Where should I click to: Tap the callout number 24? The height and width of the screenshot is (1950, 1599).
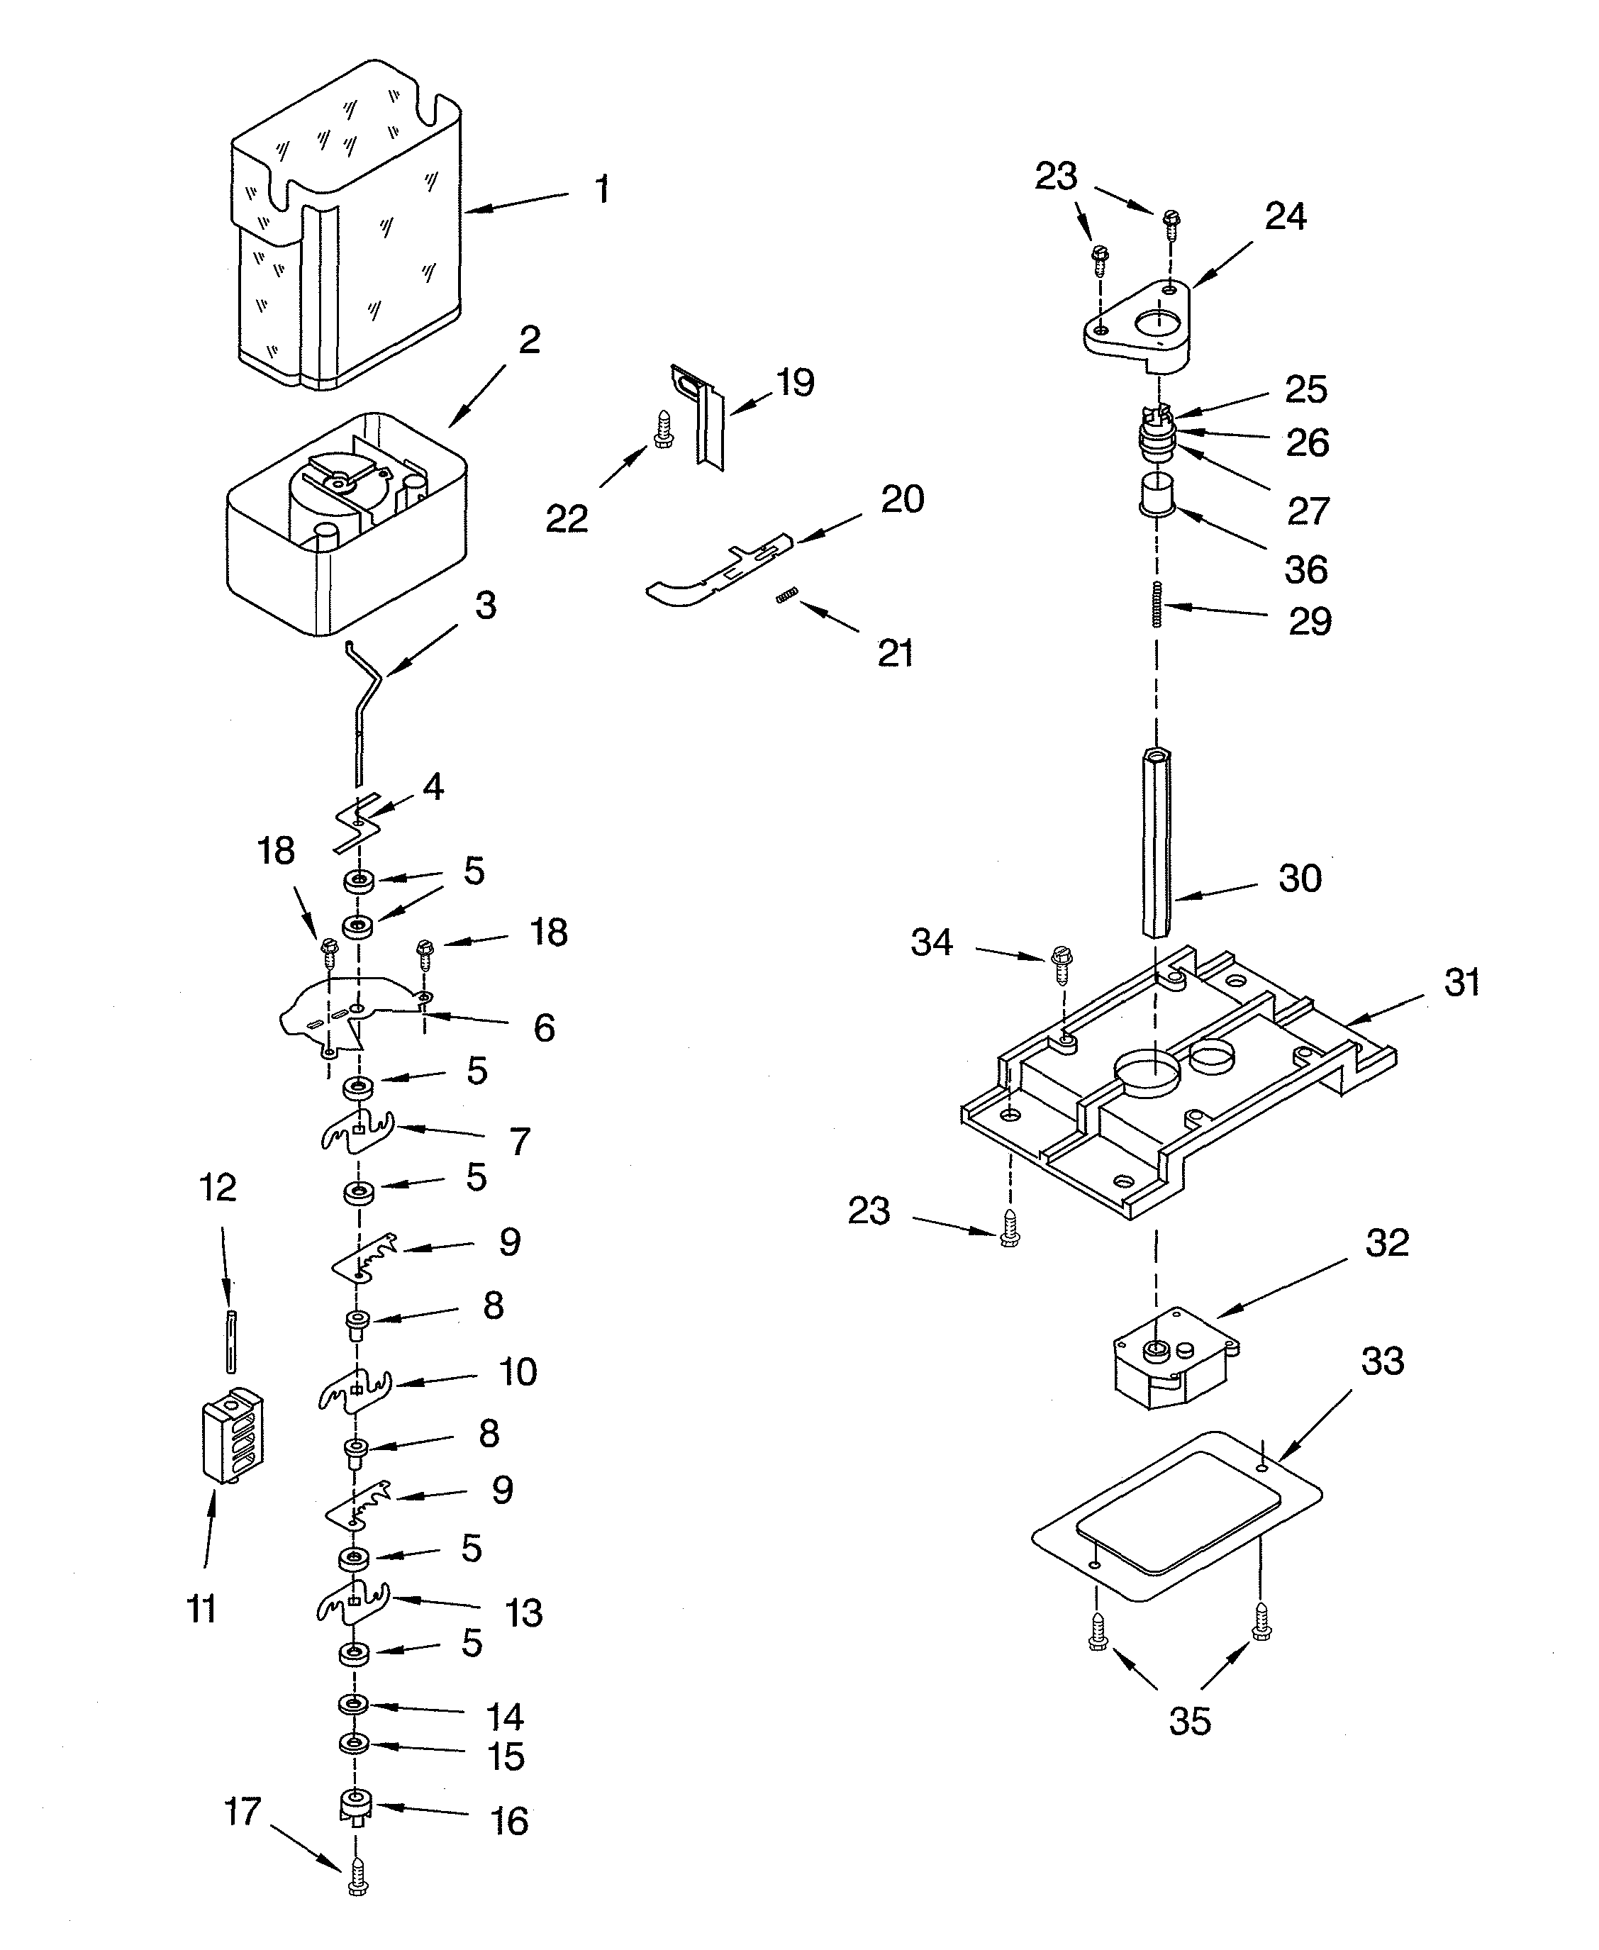[1285, 216]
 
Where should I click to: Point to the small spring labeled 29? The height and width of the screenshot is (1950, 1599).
[1157, 604]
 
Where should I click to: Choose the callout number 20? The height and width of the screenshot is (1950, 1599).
[902, 499]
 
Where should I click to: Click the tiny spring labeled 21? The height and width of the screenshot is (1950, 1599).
[786, 597]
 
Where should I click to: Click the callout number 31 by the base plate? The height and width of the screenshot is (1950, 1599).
[1461, 982]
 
